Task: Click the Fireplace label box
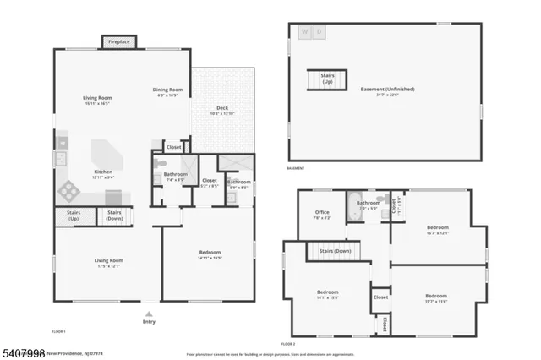click(x=116, y=41)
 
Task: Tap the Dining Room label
click(x=167, y=92)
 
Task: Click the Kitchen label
click(x=102, y=174)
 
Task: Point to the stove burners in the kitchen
click(x=63, y=158)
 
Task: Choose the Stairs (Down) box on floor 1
click(x=115, y=216)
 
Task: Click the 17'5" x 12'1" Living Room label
click(x=108, y=263)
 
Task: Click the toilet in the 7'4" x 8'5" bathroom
click(x=158, y=177)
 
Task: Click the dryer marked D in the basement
click(x=319, y=32)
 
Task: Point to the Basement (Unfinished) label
click(x=385, y=91)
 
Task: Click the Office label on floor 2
click(x=322, y=215)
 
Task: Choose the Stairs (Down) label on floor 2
click(x=336, y=251)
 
